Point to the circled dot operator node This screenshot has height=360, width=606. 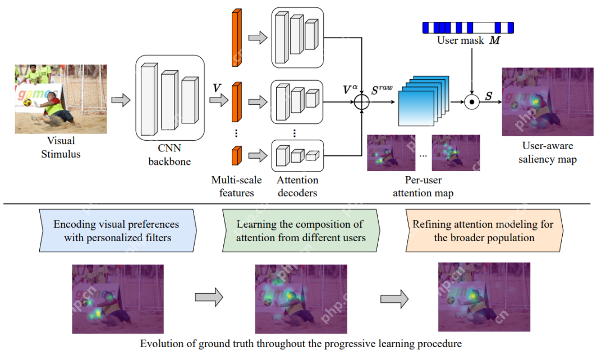(472, 103)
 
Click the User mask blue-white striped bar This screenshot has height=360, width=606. (467, 27)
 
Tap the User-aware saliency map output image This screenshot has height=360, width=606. (540, 101)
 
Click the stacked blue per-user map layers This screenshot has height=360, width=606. (424, 101)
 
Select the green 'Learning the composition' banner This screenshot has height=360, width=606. (301, 230)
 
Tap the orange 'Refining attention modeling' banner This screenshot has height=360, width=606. (483, 230)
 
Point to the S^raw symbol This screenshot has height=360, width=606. (383, 89)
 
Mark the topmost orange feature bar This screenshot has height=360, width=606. (236, 38)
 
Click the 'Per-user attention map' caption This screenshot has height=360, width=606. (423, 187)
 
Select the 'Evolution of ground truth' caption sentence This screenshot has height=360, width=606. (301, 343)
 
